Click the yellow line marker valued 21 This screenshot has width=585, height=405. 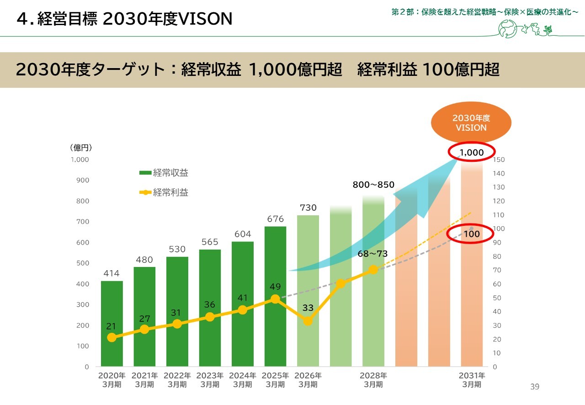(112, 337)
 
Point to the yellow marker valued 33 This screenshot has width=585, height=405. (308, 321)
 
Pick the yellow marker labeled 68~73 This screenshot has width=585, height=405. (373, 270)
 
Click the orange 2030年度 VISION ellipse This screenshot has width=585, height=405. (471, 123)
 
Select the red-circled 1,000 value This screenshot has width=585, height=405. (471, 153)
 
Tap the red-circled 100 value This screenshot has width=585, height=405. (471, 234)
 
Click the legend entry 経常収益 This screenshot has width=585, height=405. (164, 173)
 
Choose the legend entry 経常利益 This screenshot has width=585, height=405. (164, 192)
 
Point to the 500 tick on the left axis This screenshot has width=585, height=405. (83, 263)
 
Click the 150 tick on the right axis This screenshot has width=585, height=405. (499, 160)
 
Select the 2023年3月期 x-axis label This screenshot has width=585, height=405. (210, 380)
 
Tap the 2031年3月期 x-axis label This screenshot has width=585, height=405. (472, 380)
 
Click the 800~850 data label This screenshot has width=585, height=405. (373, 185)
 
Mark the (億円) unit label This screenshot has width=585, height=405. (82, 147)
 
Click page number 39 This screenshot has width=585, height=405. (535, 387)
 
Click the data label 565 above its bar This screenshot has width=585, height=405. (210, 242)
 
